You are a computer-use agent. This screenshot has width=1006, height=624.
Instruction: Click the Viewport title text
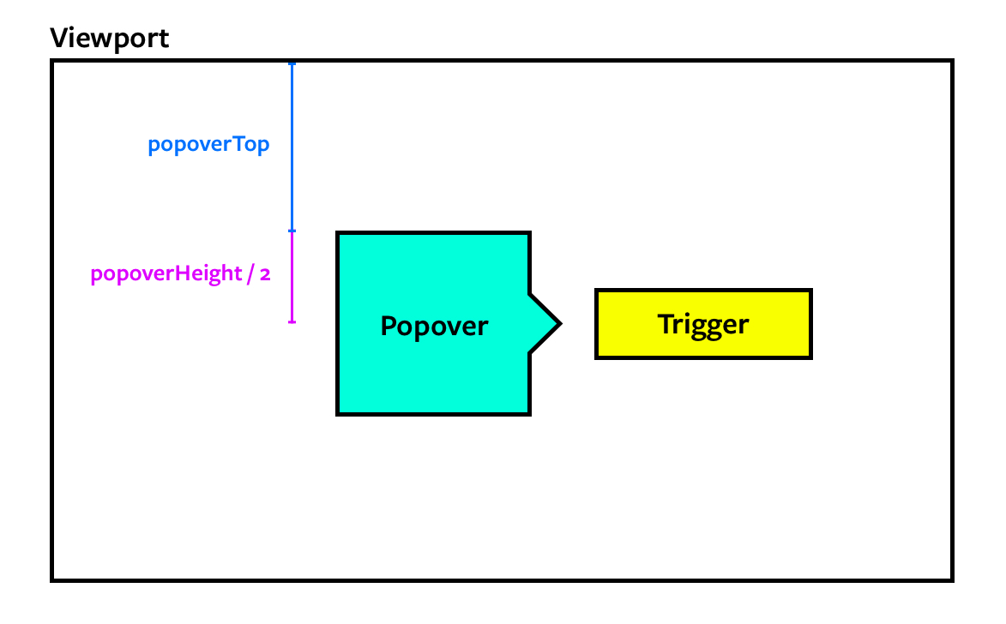click(x=109, y=38)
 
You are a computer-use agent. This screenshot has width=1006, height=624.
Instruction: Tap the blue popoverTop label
click(x=208, y=145)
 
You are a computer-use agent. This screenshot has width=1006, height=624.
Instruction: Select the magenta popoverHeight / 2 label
click(x=180, y=274)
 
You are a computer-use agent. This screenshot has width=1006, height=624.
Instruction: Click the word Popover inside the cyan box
click(x=434, y=327)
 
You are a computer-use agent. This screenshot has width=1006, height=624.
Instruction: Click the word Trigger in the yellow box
click(x=703, y=324)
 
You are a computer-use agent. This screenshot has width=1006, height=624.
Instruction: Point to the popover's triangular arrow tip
click(x=559, y=324)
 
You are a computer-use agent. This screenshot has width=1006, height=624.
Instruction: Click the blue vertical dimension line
click(x=292, y=146)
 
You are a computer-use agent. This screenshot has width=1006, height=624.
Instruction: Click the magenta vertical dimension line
click(x=292, y=276)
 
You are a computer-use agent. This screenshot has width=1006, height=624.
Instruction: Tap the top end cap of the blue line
click(x=292, y=64)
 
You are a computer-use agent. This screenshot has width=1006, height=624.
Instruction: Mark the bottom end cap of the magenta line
click(x=292, y=321)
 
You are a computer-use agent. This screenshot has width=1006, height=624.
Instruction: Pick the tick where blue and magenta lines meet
click(x=292, y=231)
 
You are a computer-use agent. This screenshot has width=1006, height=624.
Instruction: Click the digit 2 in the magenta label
click(x=266, y=274)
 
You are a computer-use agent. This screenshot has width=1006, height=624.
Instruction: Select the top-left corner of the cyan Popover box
click(x=338, y=233)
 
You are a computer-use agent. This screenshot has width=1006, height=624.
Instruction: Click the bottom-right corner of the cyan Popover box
click(x=529, y=414)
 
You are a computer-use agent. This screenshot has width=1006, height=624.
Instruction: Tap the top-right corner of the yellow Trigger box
click(x=810, y=291)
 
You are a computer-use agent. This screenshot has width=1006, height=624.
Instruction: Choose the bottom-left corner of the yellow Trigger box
click(x=597, y=357)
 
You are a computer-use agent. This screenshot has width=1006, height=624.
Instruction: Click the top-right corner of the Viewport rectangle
click(x=951, y=62)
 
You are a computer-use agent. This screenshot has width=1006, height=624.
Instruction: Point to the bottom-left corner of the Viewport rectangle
click(x=53, y=579)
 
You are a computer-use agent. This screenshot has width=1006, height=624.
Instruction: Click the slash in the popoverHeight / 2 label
click(x=250, y=274)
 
